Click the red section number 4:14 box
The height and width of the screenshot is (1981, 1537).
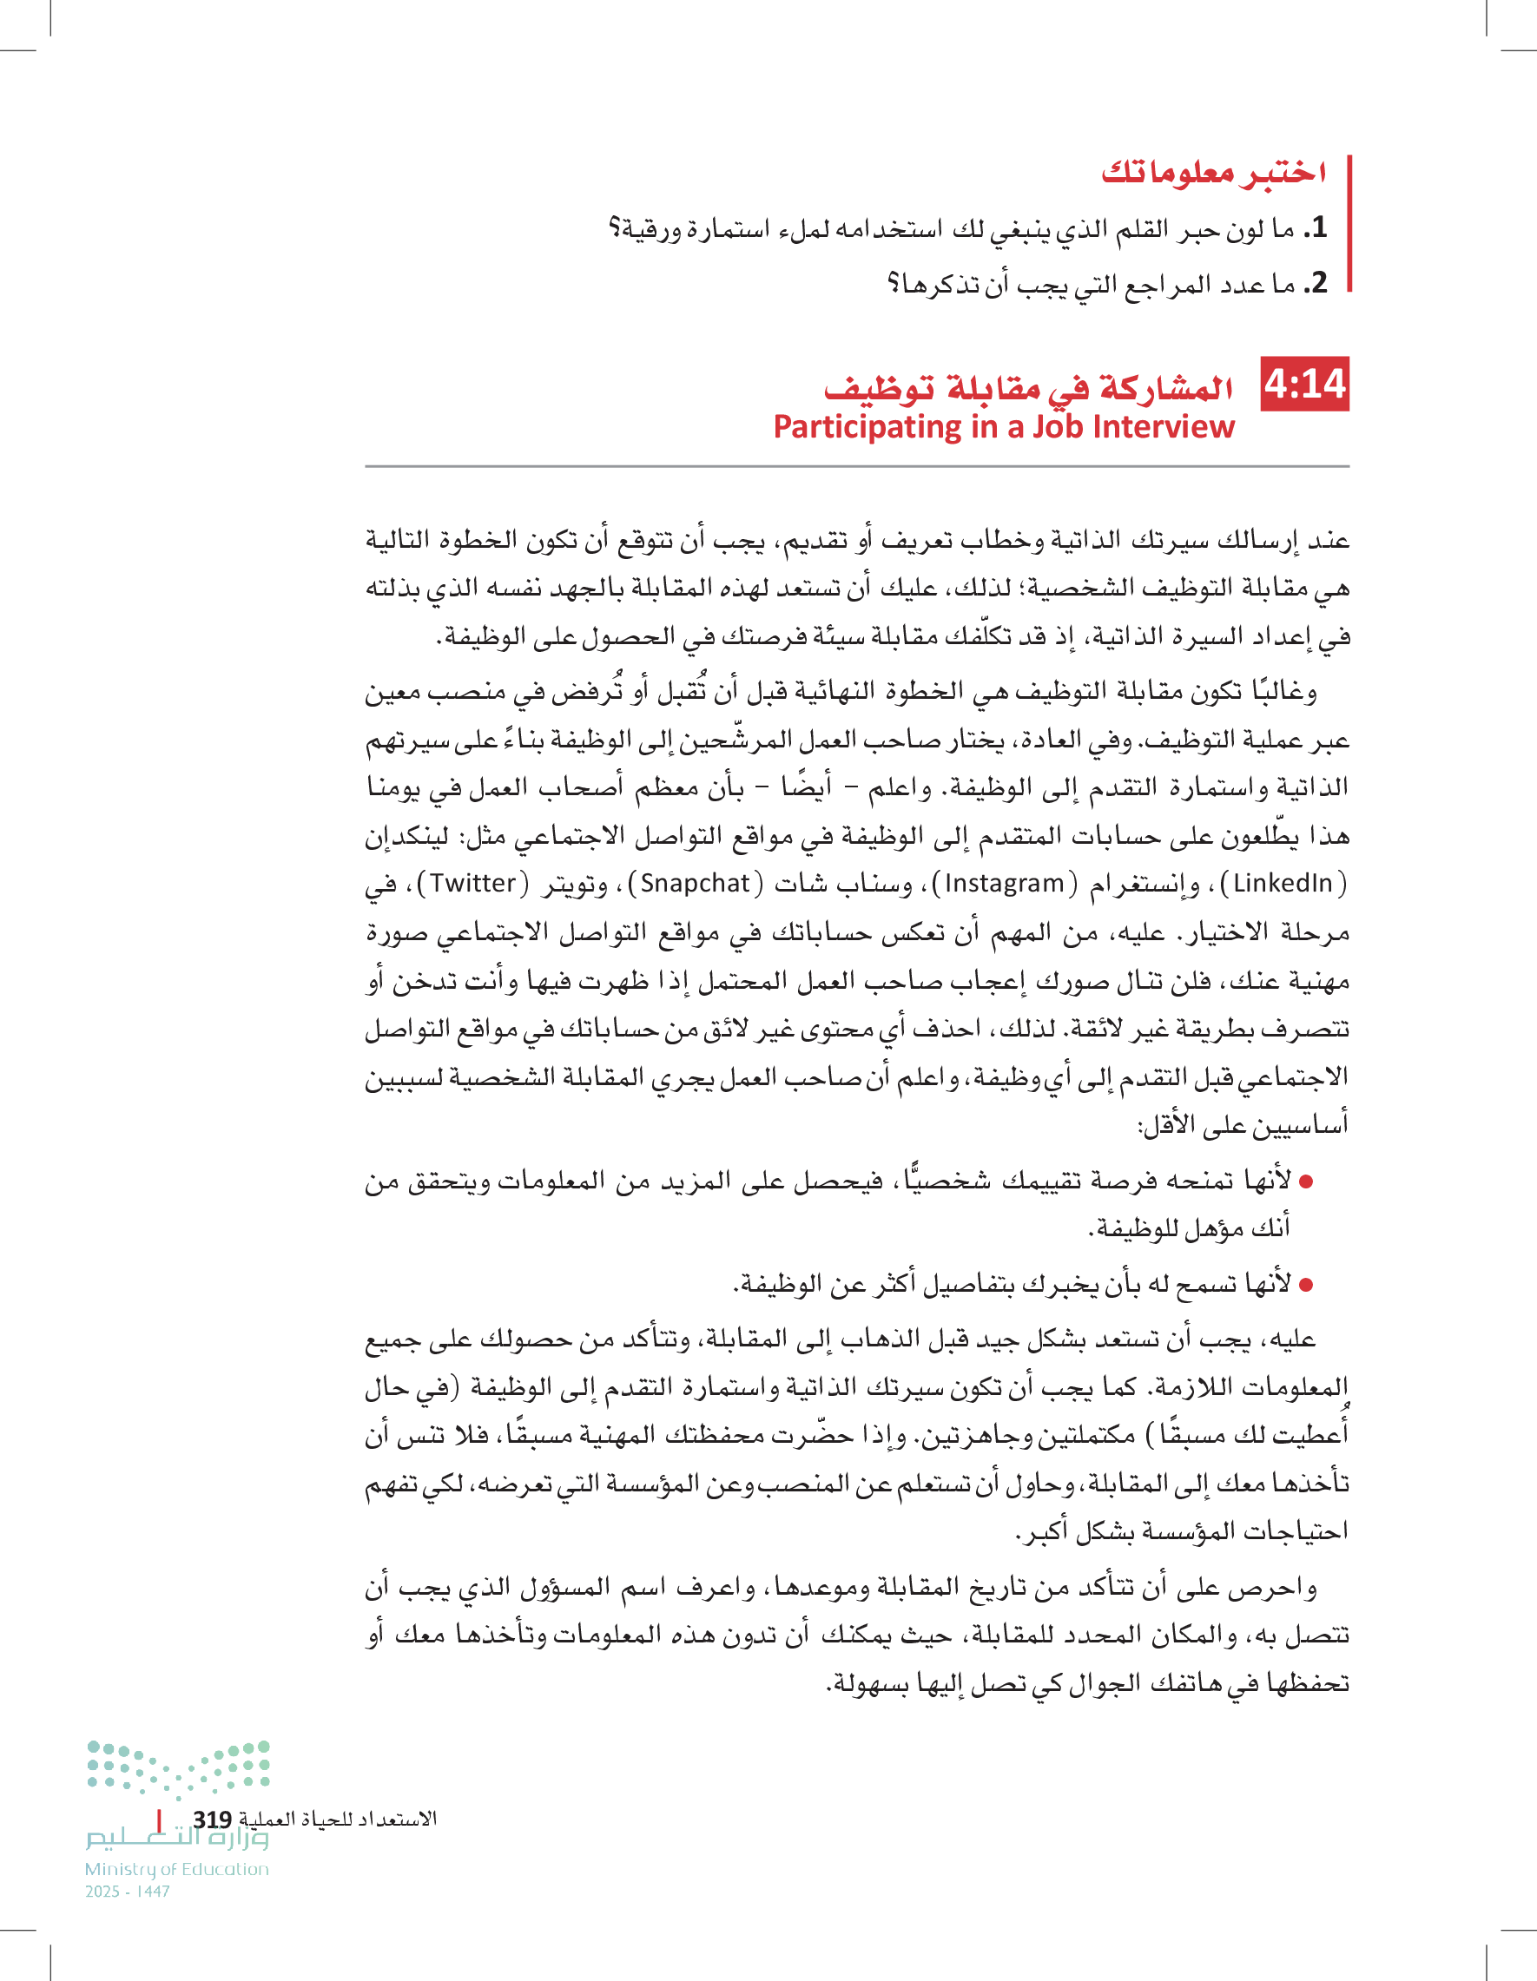[1305, 385]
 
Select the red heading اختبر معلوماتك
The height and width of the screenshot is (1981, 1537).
[1213, 173]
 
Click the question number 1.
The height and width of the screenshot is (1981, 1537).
[1317, 227]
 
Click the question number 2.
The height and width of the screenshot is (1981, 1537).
[1317, 284]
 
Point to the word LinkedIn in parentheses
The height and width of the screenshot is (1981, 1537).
[1282, 884]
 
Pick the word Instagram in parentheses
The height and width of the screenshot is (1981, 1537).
[1005, 884]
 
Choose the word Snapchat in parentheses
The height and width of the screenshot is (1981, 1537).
[696, 884]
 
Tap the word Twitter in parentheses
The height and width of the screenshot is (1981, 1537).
[472, 884]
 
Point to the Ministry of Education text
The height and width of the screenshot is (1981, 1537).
[177, 1869]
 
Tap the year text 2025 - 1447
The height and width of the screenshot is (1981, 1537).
[128, 1892]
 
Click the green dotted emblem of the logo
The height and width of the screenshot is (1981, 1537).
[179, 1767]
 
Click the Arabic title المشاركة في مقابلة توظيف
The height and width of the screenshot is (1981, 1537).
[1027, 387]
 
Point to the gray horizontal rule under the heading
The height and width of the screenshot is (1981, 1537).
[856, 466]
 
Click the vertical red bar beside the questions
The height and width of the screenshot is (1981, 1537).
[1349, 223]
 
